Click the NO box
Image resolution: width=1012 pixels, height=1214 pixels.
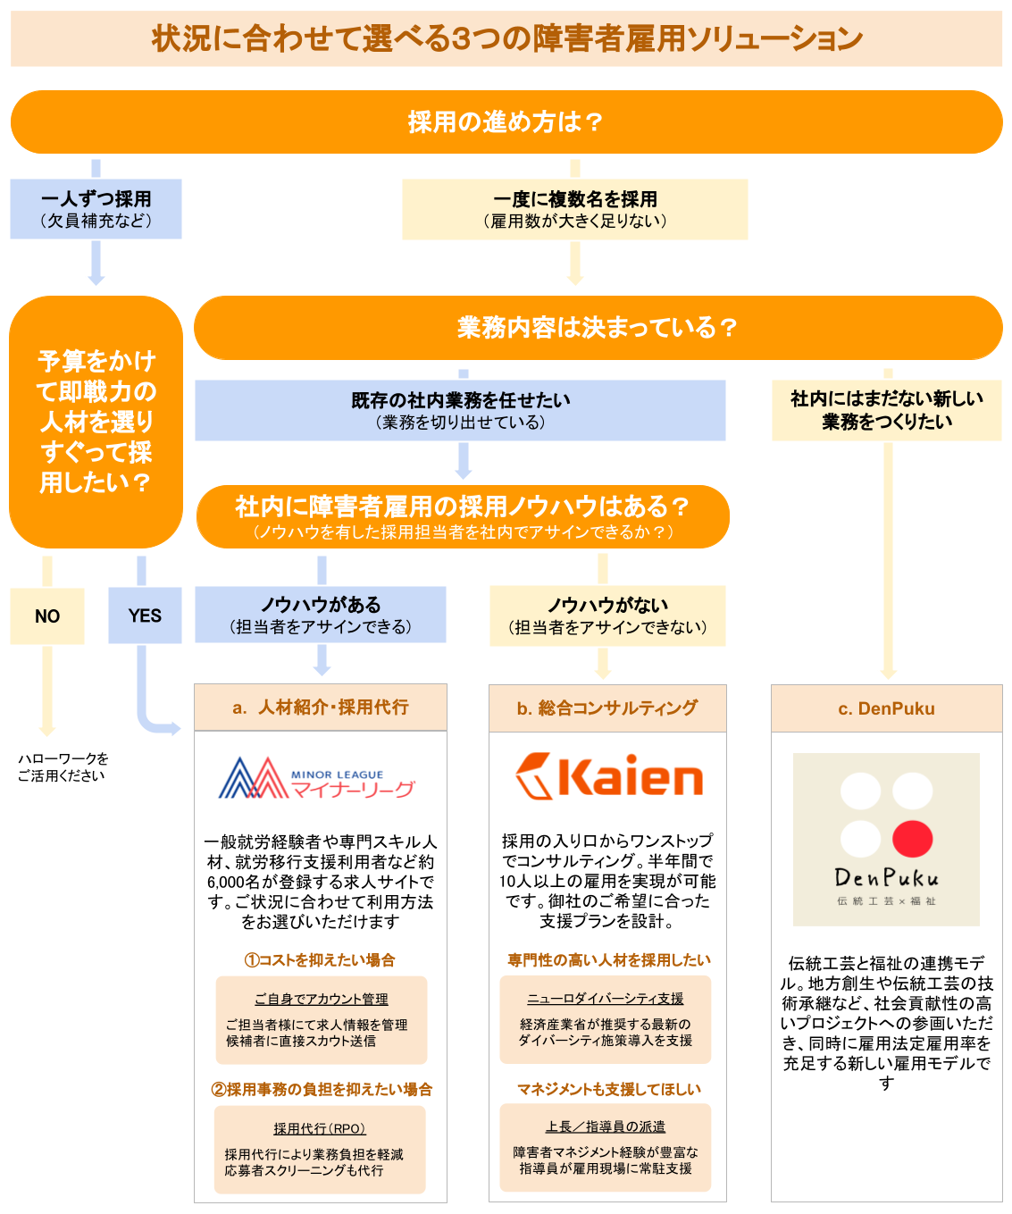[x=47, y=615]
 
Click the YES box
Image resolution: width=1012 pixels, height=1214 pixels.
[x=145, y=615]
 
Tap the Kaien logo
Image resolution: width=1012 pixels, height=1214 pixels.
[x=608, y=775]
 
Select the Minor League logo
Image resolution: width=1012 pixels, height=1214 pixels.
[x=316, y=777]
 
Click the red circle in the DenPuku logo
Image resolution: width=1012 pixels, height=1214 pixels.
[x=912, y=839]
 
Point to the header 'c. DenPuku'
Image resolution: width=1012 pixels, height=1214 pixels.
[x=886, y=708]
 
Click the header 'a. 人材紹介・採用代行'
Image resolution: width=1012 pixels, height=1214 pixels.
[x=321, y=707]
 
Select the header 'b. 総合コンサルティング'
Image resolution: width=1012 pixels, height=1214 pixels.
[x=607, y=707]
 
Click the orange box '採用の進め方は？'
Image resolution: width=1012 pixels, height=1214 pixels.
[x=506, y=122]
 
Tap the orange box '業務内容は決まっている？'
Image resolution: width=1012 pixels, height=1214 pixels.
[x=598, y=327]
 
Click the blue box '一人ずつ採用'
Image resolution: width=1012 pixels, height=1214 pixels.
[x=96, y=209]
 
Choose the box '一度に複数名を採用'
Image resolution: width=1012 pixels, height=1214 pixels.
[x=575, y=209]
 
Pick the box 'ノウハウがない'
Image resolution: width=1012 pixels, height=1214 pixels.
[x=607, y=615]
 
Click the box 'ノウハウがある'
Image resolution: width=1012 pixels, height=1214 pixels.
[x=321, y=615]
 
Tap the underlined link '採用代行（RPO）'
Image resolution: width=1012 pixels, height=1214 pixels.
[x=320, y=1128]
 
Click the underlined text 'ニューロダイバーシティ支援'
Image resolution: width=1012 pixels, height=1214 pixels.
[x=605, y=998]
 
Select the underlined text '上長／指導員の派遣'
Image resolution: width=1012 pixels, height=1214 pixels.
[x=605, y=1126]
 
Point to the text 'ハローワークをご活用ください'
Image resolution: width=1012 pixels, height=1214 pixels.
[x=63, y=766]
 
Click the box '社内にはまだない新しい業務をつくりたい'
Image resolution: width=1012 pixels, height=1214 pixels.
[x=886, y=410]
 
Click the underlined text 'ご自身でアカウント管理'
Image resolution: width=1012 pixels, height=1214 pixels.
[x=321, y=999]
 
